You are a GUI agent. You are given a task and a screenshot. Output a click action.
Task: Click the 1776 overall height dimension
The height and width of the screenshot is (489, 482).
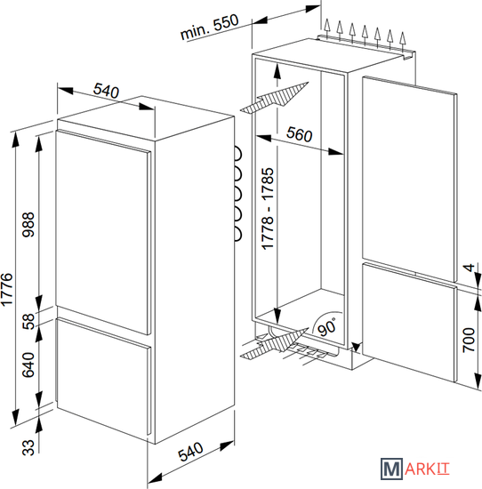[x=7, y=290]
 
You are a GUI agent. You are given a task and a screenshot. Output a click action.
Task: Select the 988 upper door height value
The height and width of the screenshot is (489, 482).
[x=28, y=225]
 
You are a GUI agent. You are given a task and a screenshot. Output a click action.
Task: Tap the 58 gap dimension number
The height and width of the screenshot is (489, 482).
[x=28, y=322]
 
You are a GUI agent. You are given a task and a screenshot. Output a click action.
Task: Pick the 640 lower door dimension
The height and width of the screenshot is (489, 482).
[x=28, y=365]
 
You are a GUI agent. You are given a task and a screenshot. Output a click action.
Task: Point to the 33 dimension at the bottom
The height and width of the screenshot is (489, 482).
[x=28, y=447]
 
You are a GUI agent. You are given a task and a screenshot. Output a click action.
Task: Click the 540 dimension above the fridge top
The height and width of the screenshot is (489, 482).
[x=106, y=91]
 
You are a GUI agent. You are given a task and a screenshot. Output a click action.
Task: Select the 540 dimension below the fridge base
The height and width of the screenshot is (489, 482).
[x=190, y=452]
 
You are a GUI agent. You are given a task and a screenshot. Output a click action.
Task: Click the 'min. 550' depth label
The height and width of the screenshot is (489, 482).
[x=210, y=27]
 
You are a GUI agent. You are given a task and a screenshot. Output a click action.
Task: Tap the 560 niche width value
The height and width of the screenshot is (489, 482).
[x=299, y=134]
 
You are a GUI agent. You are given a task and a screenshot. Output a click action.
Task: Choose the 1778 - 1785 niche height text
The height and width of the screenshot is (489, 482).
[x=268, y=209]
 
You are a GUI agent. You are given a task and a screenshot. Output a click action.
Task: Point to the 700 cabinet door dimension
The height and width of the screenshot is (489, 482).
[x=469, y=340]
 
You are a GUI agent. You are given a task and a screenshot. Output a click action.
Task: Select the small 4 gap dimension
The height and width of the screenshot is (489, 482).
[x=470, y=268]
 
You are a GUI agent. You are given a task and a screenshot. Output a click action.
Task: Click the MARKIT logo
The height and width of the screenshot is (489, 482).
[x=415, y=469]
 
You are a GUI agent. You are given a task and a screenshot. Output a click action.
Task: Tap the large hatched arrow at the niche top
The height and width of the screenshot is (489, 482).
[x=275, y=97]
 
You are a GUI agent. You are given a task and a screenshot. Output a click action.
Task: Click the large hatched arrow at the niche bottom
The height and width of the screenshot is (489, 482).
[x=275, y=344]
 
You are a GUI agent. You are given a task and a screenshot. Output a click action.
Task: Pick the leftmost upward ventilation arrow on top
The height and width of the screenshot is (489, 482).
[x=326, y=28]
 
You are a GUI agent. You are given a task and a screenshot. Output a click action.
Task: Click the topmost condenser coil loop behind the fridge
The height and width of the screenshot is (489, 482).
[x=237, y=154]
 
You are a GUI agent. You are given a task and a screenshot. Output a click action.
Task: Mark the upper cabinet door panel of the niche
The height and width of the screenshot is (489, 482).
[x=410, y=179]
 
